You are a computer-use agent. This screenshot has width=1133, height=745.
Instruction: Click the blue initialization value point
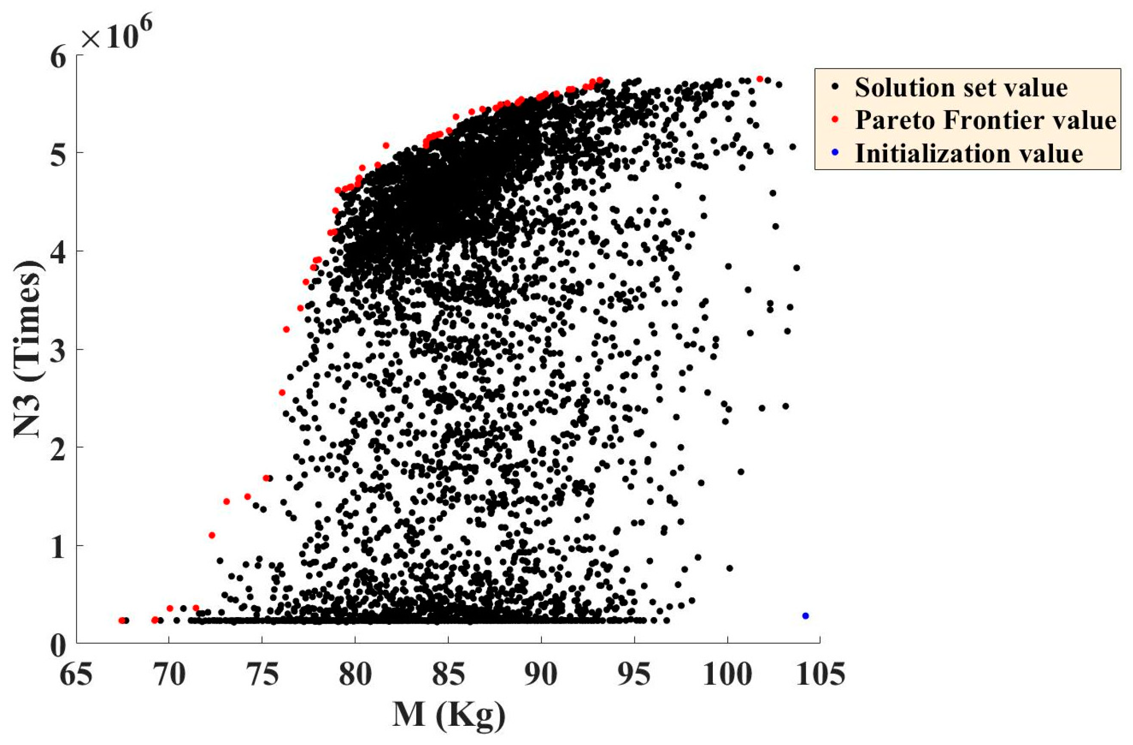(805, 616)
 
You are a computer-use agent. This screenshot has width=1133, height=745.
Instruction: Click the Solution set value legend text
(961, 88)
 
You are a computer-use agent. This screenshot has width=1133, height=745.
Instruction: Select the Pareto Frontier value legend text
(985, 120)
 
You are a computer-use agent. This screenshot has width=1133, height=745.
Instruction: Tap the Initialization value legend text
(969, 154)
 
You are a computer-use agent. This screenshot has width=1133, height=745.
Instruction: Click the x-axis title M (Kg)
(449, 716)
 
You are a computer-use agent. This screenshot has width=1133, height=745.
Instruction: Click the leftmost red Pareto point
(122, 620)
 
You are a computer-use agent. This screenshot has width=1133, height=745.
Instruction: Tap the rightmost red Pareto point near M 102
(760, 79)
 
